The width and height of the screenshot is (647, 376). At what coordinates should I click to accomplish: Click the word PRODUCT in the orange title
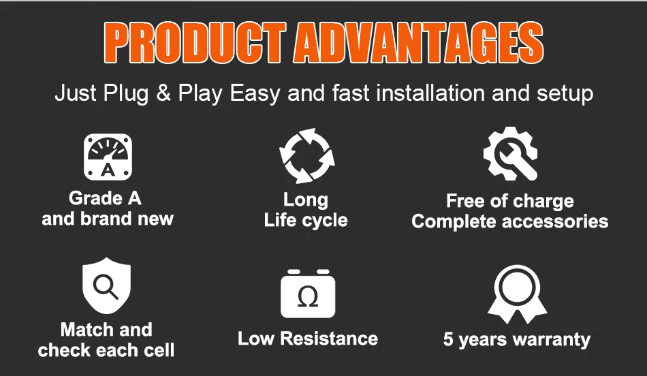tap(194, 42)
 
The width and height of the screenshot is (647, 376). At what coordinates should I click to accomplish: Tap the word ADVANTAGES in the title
tap(418, 42)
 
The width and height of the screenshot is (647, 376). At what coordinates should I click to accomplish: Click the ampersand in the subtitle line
tap(163, 93)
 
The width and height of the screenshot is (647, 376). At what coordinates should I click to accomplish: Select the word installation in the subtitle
tap(430, 93)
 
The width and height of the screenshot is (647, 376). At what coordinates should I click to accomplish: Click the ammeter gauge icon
tap(108, 157)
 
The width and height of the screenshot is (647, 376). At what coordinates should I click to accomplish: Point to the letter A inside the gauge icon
tap(108, 170)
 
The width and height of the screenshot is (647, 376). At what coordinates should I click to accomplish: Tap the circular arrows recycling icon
tap(306, 156)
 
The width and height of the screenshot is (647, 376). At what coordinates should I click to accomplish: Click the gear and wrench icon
tap(510, 154)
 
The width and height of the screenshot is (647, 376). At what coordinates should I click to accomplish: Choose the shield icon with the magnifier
tap(106, 285)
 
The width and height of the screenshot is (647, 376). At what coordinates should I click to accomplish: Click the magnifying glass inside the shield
tap(106, 286)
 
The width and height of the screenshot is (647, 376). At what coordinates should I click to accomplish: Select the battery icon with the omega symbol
tap(308, 294)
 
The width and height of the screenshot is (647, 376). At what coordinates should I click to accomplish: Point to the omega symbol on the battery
tap(308, 297)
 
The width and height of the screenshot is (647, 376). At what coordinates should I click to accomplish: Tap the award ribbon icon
tap(517, 294)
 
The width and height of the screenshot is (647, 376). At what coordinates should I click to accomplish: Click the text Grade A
tap(105, 198)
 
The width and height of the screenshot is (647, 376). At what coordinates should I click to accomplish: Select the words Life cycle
tap(306, 220)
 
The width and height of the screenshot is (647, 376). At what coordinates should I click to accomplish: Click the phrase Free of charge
tap(510, 201)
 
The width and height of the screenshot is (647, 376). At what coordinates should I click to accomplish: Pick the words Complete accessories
tap(510, 221)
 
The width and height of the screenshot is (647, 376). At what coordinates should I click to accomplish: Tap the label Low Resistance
tap(308, 339)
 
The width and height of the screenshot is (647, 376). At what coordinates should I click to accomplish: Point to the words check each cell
tap(106, 350)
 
